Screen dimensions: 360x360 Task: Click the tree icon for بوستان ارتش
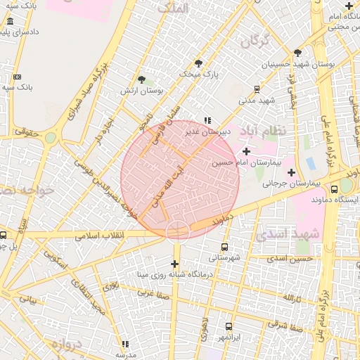click(x=142, y=80)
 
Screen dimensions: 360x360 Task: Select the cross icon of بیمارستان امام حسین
click(x=246, y=151)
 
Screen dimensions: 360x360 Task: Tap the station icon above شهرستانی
click(x=224, y=247)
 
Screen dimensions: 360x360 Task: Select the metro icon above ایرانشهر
click(x=229, y=326)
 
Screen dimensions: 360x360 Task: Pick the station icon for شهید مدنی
click(x=257, y=89)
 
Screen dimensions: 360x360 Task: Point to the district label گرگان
click(x=255, y=42)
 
